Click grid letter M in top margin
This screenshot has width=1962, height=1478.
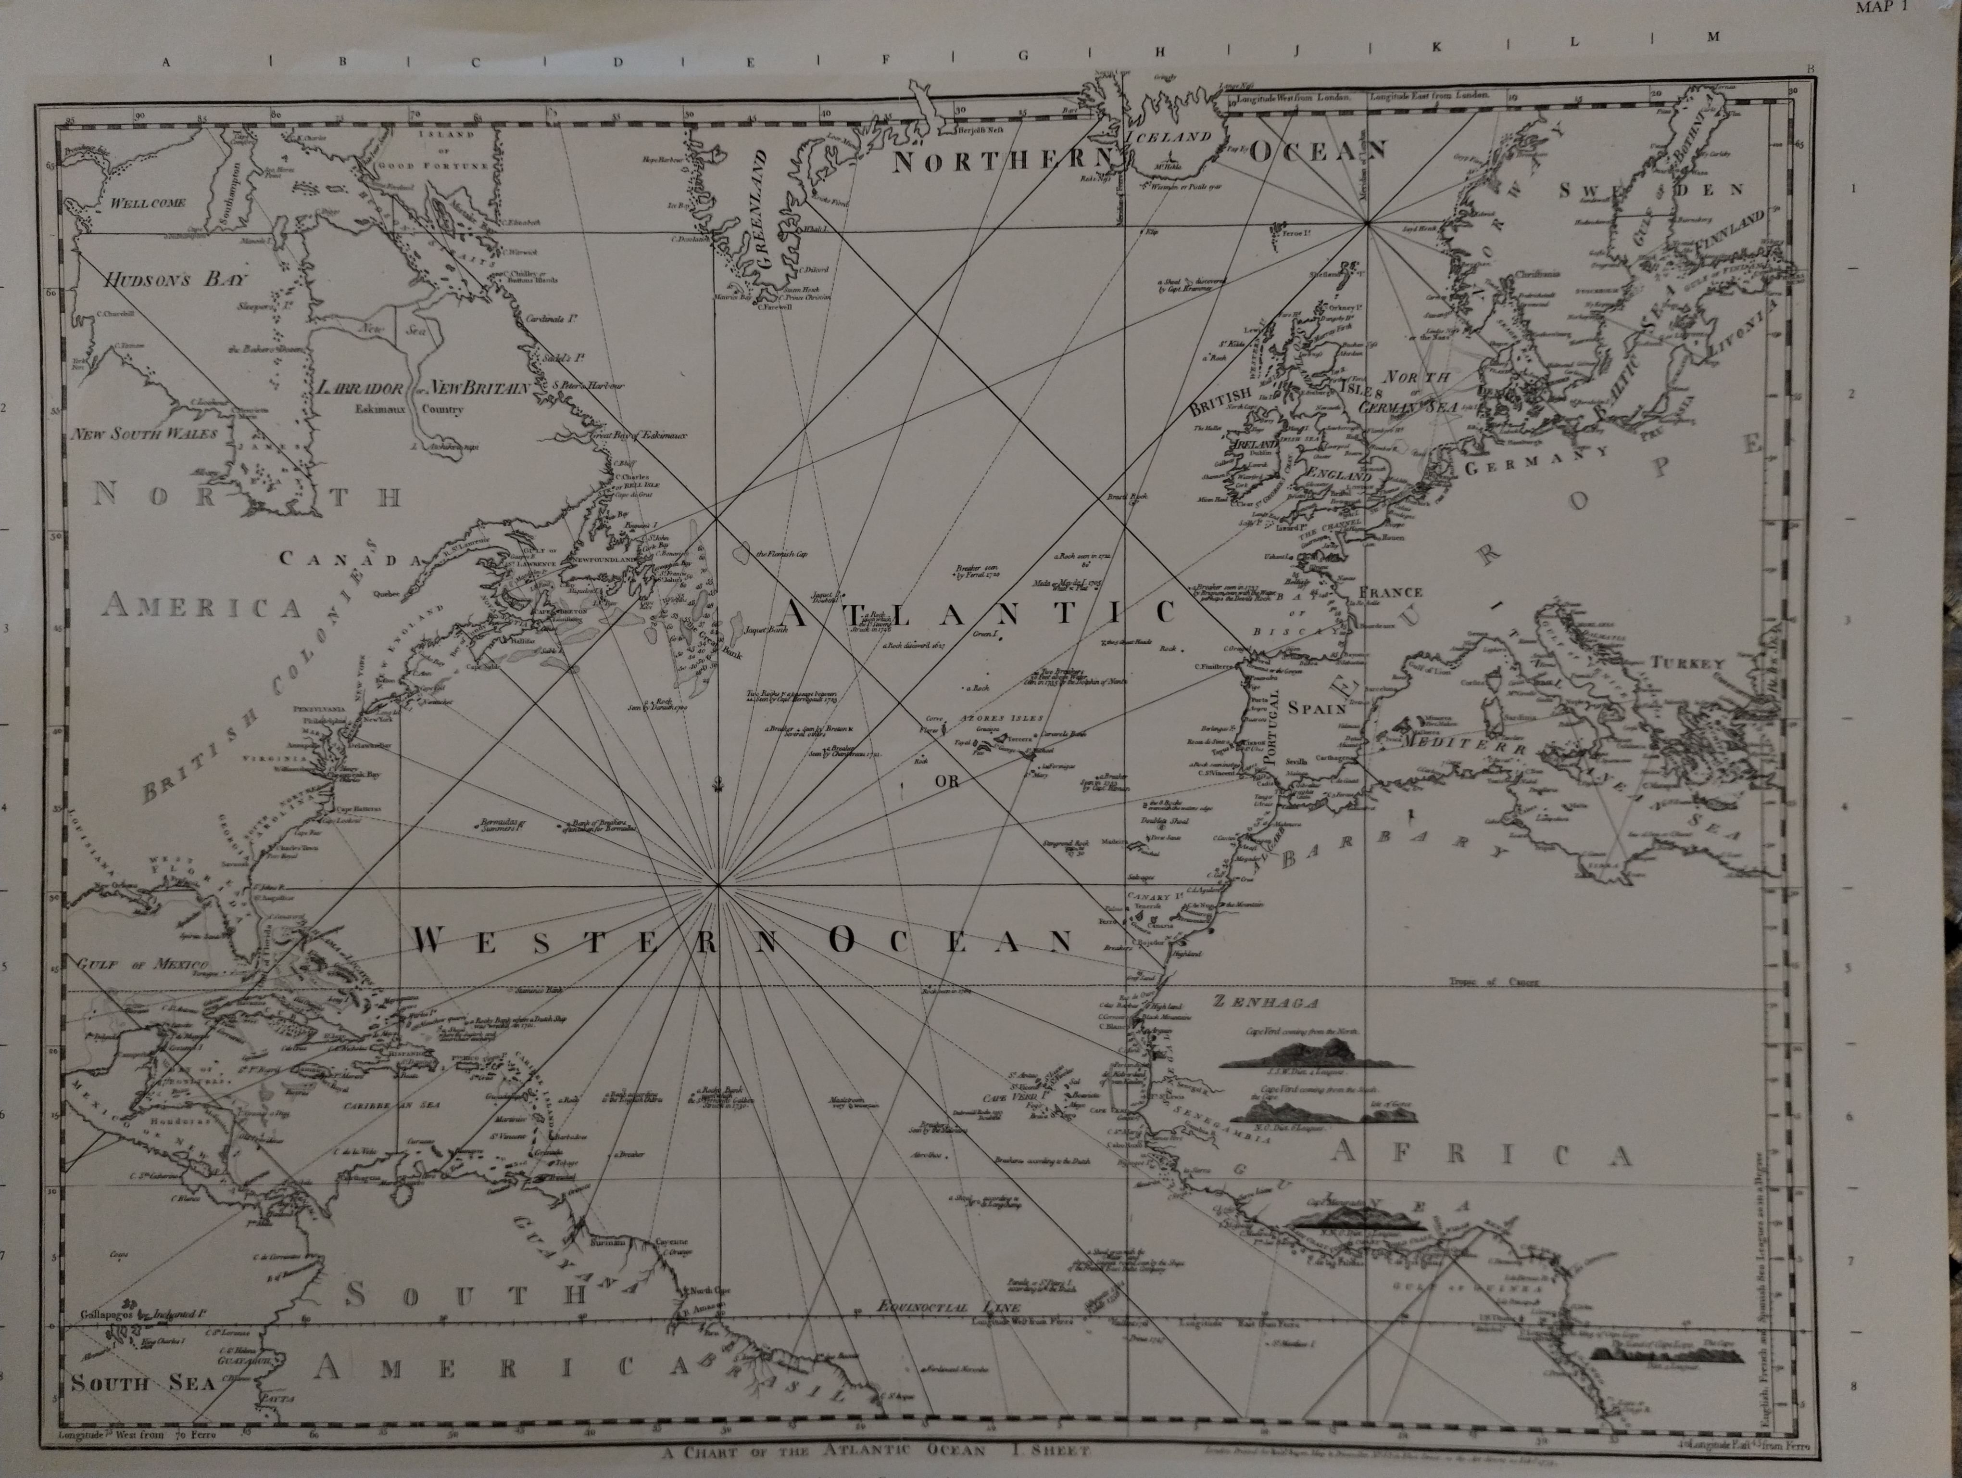[x=1713, y=37]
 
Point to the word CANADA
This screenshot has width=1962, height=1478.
[x=351, y=559]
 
